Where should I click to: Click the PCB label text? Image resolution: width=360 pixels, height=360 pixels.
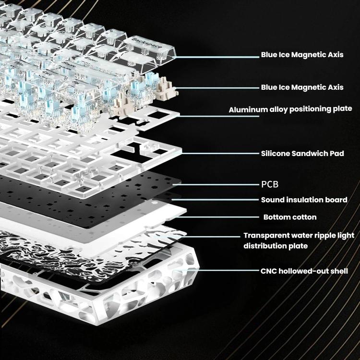pyautogui.click(x=269, y=184)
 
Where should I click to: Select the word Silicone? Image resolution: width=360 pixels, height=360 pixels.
pyautogui.click(x=276, y=154)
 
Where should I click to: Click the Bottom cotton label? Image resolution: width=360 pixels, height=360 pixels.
pyautogui.click(x=290, y=217)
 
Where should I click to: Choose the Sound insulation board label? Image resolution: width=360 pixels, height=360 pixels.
pyautogui.click(x=304, y=200)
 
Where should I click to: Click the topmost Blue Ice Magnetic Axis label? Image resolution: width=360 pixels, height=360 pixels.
pyautogui.click(x=302, y=55)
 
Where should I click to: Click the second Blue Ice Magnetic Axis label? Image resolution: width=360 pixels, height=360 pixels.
pyautogui.click(x=302, y=87)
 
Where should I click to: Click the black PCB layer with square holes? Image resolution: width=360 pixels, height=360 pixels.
pyautogui.click(x=96, y=187)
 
